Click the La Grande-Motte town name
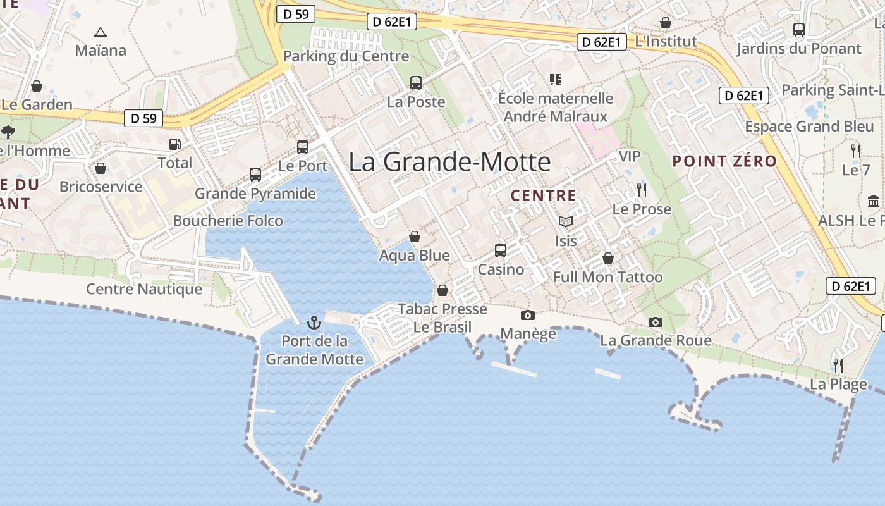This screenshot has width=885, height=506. [449, 162]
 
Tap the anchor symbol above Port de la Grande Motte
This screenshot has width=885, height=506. [314, 323]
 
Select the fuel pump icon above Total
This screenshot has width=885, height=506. [174, 145]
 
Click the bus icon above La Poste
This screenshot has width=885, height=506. [416, 83]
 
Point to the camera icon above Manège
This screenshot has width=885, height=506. [527, 315]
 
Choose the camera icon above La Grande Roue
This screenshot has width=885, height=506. [656, 323]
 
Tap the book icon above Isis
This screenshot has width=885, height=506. [566, 222]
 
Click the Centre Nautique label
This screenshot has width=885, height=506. [144, 289]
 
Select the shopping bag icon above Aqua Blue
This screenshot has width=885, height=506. [415, 237]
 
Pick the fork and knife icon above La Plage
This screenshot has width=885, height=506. [838, 366]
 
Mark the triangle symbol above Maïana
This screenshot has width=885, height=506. [100, 32]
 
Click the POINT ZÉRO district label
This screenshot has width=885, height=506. [724, 161]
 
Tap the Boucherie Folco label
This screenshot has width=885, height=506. [228, 221]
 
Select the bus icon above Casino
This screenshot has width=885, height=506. [501, 250]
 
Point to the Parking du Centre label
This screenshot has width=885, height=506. [346, 56]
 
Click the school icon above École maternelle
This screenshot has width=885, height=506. [556, 80]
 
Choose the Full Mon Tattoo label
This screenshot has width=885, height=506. [607, 277]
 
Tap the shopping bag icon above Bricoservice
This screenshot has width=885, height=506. [100, 168]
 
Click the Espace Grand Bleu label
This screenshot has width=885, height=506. [809, 126]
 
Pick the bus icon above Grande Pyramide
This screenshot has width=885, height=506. [255, 175]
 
